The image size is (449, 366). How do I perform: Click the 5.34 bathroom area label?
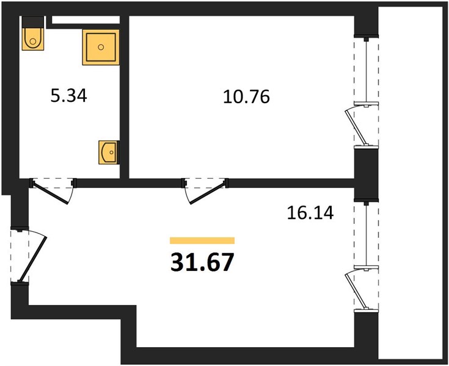[x=68, y=96]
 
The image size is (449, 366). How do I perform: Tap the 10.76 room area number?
[x=246, y=96]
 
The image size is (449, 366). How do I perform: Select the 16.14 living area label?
[x=310, y=213]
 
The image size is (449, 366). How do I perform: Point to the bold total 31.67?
[x=202, y=262]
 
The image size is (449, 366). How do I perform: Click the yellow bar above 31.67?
[x=202, y=240]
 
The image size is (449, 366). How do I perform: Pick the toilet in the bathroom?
[x=33, y=39]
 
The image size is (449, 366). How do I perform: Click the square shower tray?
[x=101, y=47]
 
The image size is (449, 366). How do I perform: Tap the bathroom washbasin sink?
[x=109, y=152]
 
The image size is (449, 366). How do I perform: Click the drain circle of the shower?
[x=101, y=47]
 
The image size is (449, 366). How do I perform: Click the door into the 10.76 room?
[x=206, y=193]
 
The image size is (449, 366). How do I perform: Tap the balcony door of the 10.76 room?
[x=357, y=126]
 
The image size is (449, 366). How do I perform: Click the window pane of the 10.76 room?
[x=367, y=70]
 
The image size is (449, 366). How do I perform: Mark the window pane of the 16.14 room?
[x=367, y=235]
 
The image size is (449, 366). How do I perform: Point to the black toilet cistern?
[x=33, y=22]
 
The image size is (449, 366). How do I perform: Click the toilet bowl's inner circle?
[x=33, y=41]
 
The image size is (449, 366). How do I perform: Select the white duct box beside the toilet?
[x=86, y=20]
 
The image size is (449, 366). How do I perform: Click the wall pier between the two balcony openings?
[x=367, y=174]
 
